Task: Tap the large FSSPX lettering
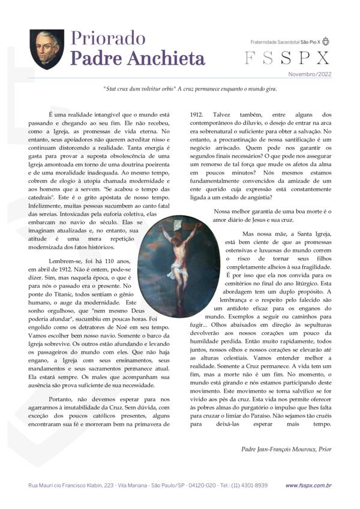pos(287,58)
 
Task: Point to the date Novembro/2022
pos(310,74)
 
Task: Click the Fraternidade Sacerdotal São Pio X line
pos(285,42)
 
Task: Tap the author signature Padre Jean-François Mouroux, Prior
pos(286,449)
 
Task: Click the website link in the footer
pos(308,485)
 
